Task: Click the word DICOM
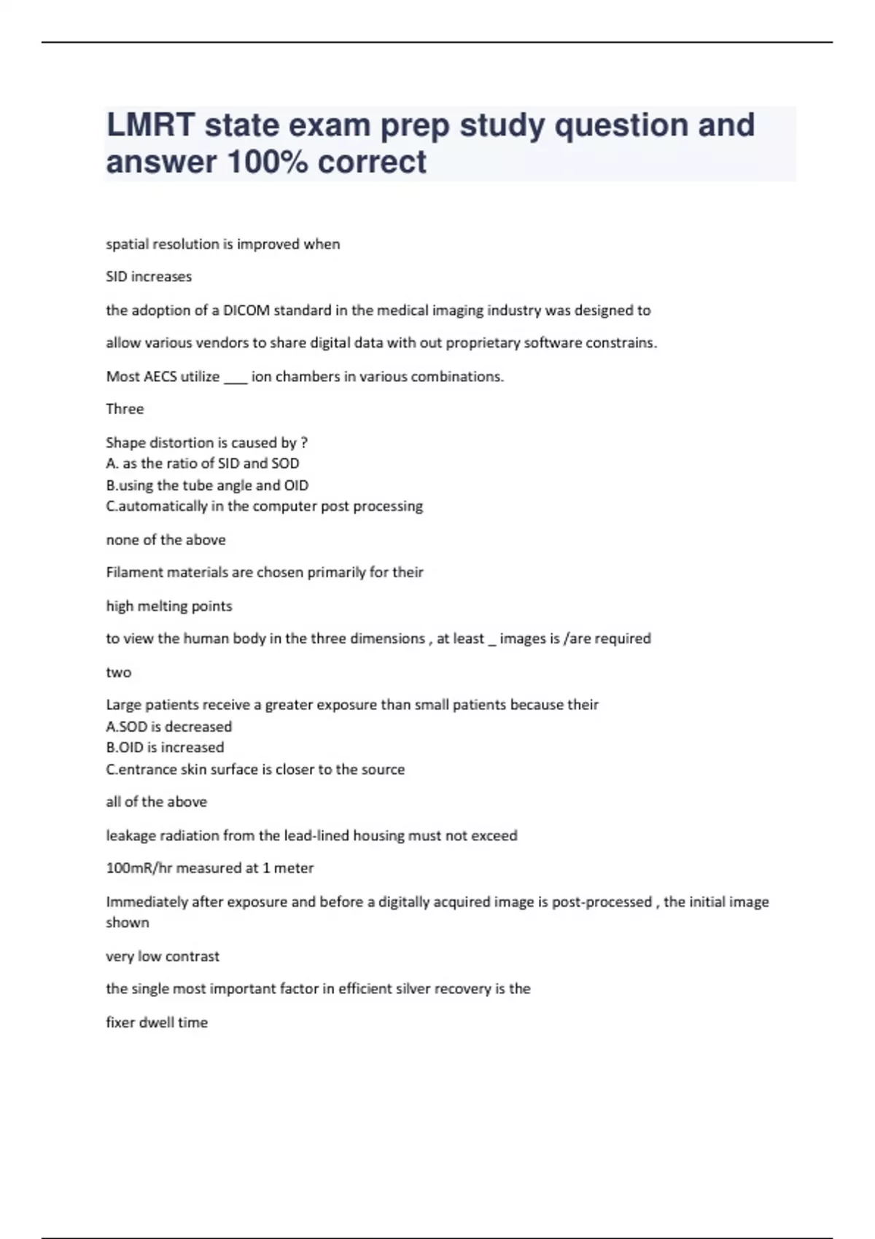[x=246, y=310]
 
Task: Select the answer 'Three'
[x=125, y=409]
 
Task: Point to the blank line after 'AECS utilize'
[x=236, y=378]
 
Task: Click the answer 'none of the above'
[x=166, y=540]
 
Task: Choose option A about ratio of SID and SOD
[x=203, y=464]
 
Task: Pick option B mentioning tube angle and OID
[x=207, y=485]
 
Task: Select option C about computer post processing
[x=264, y=507]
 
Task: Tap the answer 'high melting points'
[x=168, y=606]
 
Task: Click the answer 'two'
[x=118, y=673]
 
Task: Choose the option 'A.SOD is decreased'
[x=168, y=727]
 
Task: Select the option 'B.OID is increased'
[x=165, y=748]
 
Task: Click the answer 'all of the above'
[x=156, y=802]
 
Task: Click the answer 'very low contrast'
[x=163, y=956]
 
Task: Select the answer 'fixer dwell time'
[x=157, y=1023]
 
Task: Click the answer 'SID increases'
[x=149, y=277]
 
